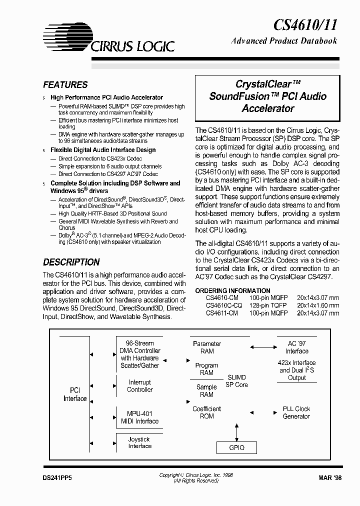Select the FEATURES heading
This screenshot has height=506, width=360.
65,85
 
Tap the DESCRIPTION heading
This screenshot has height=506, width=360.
71,262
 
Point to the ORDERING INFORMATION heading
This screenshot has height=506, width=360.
232,290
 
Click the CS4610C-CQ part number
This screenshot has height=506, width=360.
224,305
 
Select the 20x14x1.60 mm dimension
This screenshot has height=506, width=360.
317,305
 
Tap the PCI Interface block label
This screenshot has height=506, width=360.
75,394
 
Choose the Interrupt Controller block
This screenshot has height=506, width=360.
139,386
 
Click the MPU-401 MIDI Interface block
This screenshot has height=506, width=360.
139,417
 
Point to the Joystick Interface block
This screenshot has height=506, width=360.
139,442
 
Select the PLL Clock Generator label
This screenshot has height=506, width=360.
296,412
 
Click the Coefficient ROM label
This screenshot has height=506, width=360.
206,412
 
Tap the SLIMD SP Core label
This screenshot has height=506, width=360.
236,381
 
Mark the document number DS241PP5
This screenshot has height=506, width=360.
58,478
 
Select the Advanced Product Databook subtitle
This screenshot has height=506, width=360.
284,41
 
